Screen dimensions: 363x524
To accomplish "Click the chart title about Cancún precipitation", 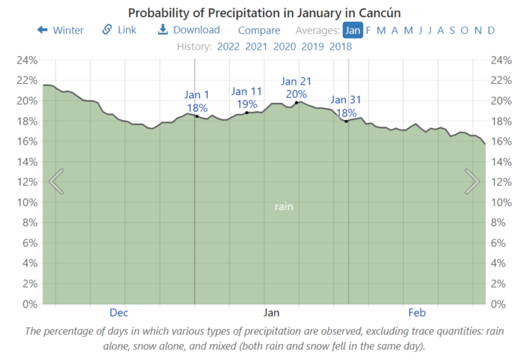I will tap(264, 13).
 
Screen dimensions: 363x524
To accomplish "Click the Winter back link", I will tap(61, 30).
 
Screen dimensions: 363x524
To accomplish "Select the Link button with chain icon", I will tap(119, 30).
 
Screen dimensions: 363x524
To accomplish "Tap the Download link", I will tap(189, 30).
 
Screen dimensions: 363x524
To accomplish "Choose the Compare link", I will tap(259, 30).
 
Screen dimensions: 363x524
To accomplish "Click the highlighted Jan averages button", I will tap(353, 30).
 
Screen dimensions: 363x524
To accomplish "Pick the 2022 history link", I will tap(229, 46).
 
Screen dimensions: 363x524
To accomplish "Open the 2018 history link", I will tap(340, 46).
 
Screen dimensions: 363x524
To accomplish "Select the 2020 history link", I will tap(285, 46).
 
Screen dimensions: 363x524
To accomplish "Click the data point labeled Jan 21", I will tap(297, 102).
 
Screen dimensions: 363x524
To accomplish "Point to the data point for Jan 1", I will tap(197, 116).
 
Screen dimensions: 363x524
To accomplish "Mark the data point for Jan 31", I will tap(347, 121).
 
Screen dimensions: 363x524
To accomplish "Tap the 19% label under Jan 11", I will tap(247, 104).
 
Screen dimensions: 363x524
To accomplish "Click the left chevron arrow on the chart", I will tap(57, 181).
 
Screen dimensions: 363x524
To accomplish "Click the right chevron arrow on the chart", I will tap(472, 181).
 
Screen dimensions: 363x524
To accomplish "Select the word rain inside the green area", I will tap(284, 206).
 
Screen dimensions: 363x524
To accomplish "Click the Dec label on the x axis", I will tap(119, 313).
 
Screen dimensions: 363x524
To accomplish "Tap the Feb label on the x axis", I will tap(417, 313).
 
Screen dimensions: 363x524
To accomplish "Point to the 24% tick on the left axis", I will tap(27, 60).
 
